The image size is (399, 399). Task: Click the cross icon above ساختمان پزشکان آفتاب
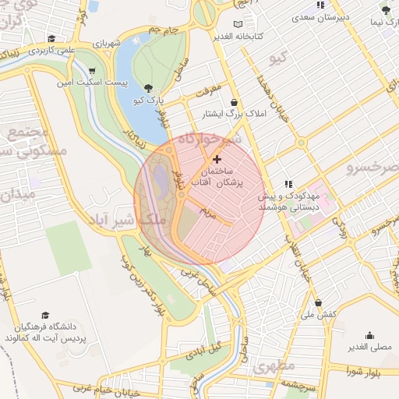[x=216, y=159]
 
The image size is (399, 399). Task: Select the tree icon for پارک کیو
[x=148, y=88]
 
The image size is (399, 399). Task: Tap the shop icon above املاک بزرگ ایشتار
[x=235, y=102]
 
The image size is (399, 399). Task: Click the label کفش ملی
[x=320, y=313]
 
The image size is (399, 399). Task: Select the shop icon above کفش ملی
[x=318, y=302]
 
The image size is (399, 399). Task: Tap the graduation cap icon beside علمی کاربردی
[x=51, y=38]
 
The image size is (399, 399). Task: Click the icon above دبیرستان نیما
[x=385, y=10]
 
